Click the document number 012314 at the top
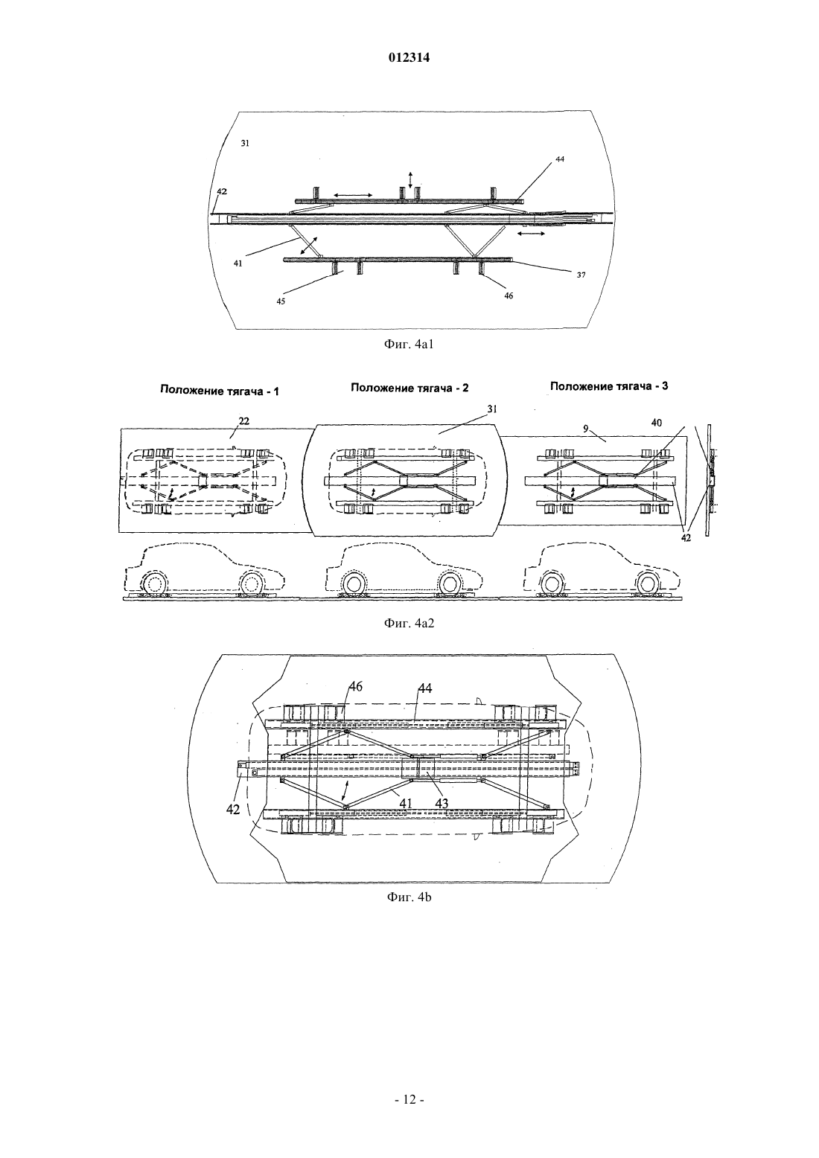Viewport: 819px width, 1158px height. (409, 58)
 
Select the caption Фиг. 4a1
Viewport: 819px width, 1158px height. (409, 345)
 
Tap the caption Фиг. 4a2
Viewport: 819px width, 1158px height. (409, 624)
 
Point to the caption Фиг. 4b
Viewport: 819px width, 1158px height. (409, 897)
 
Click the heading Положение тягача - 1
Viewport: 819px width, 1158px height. (219, 391)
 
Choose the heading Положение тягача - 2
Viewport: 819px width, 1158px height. (409, 388)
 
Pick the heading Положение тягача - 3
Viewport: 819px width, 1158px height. (609, 386)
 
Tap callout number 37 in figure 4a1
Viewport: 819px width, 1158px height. (581, 275)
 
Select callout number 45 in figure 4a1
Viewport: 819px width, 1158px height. (280, 301)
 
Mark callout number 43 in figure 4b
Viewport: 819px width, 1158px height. (442, 803)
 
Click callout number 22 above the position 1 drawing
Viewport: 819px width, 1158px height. (244, 421)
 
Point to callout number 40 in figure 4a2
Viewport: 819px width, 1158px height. (656, 423)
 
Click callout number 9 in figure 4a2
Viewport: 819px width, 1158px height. (586, 429)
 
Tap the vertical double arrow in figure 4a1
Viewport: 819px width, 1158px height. (410, 179)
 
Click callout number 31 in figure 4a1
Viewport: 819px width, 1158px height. (245, 144)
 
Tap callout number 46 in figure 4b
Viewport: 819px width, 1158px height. (355, 686)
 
